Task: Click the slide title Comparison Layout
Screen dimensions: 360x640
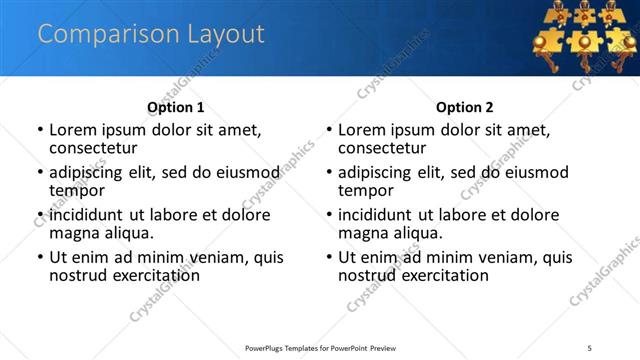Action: pyautogui.click(x=151, y=34)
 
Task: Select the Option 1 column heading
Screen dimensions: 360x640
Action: pyautogui.click(x=175, y=107)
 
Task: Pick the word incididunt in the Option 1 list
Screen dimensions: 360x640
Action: pyautogui.click(x=86, y=214)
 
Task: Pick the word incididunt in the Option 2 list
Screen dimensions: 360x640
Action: pyautogui.click(x=375, y=214)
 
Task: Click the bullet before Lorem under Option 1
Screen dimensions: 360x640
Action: pyautogui.click(x=40, y=130)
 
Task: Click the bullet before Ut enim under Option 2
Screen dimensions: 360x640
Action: pyautogui.click(x=329, y=257)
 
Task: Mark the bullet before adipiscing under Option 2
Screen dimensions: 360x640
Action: pyautogui.click(x=329, y=172)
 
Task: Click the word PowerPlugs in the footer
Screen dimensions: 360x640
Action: pyautogui.click(x=269, y=348)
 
